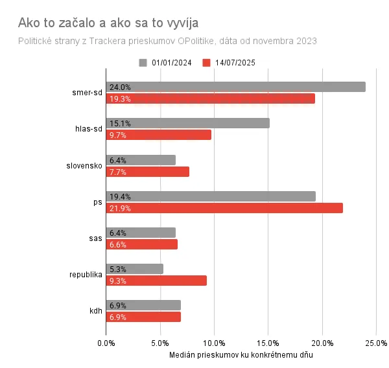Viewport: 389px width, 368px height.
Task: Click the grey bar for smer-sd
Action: pyautogui.click(x=235, y=87)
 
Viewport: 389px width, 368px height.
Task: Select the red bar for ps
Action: pyautogui.click(x=224, y=208)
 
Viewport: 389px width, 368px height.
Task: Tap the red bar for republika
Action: pyautogui.click(x=156, y=281)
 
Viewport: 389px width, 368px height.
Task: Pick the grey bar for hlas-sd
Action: pyautogui.click(x=187, y=123)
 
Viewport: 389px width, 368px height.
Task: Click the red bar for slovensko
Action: pyautogui.click(x=147, y=172)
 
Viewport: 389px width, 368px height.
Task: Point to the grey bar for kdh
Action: pyautogui.click(x=143, y=305)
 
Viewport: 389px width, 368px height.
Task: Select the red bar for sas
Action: pyautogui.click(x=141, y=244)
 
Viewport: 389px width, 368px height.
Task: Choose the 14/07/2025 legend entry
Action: pyautogui.click(x=228, y=63)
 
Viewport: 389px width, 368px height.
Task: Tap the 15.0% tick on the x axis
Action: pyautogui.click(x=268, y=343)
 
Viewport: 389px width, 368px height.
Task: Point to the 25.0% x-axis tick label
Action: pyautogui.click(x=377, y=343)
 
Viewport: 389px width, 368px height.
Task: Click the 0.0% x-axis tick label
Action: pyautogui.click(x=106, y=343)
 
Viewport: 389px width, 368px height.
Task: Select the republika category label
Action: pyautogui.click(x=86, y=275)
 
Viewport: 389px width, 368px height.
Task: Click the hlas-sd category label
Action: pyautogui.click(x=89, y=129)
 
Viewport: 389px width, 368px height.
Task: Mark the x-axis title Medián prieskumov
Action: pyautogui.click(x=241, y=355)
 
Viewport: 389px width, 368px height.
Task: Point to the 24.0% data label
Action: pyautogui.click(x=120, y=87)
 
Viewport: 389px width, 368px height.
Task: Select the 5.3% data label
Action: pyautogui.click(x=118, y=269)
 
